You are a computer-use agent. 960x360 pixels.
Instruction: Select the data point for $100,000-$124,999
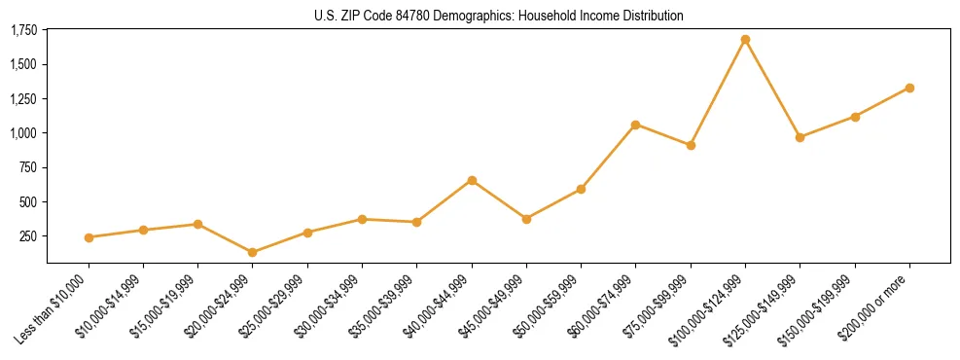click(x=745, y=40)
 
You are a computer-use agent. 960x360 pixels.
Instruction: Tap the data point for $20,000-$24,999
click(x=253, y=252)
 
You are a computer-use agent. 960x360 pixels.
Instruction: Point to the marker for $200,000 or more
click(x=909, y=88)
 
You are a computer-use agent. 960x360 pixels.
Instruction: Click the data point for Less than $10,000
click(x=89, y=237)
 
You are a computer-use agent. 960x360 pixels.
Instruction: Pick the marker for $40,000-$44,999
click(x=472, y=180)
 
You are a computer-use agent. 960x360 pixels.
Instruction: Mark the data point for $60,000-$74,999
click(x=635, y=125)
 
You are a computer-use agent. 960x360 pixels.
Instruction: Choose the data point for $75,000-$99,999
click(x=691, y=145)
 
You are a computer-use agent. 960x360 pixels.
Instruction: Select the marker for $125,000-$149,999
click(x=800, y=137)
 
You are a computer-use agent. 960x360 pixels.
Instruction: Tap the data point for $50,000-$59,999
click(x=581, y=189)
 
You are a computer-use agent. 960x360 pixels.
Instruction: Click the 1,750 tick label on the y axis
click(x=23, y=30)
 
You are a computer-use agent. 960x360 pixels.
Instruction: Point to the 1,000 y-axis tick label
click(x=23, y=133)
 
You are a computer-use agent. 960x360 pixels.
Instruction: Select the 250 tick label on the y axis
click(x=28, y=236)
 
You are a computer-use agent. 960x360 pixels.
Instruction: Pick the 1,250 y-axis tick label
click(x=23, y=99)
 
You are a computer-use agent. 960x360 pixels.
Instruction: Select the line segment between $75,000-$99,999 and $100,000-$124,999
click(x=718, y=92)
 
